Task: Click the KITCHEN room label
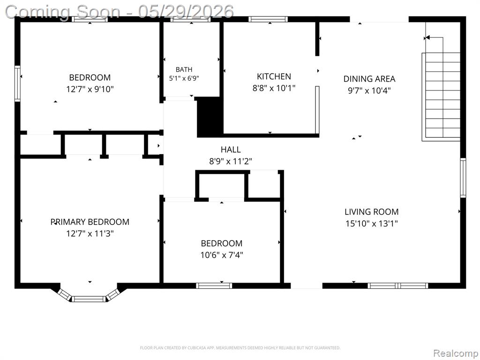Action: click(274, 76)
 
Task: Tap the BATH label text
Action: click(184, 69)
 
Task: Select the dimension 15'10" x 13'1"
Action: click(371, 224)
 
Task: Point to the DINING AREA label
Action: click(369, 79)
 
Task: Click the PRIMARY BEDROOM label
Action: click(90, 222)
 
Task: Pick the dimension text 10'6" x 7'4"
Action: click(222, 255)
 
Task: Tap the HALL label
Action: click(231, 150)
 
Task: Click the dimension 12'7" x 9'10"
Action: click(90, 89)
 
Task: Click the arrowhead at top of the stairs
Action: click(427, 37)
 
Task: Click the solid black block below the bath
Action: click(210, 117)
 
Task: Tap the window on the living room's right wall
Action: click(463, 178)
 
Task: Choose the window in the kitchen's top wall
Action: click(268, 19)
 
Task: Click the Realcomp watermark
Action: click(456, 353)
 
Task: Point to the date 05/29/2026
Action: click(186, 12)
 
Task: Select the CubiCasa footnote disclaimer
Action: click(240, 348)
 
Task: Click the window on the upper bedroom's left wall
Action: click(18, 83)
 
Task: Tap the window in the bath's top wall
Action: click(190, 19)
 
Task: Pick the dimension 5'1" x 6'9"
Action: click(184, 78)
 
